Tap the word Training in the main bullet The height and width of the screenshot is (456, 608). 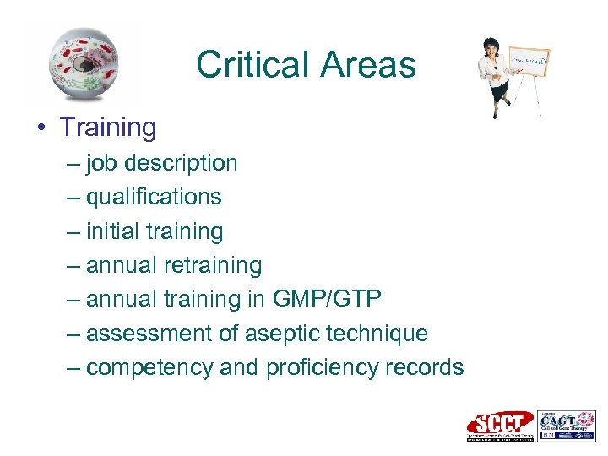pyautogui.click(x=107, y=128)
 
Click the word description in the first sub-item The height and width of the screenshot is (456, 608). pyautogui.click(x=182, y=163)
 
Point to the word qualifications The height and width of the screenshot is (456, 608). pyautogui.click(x=154, y=197)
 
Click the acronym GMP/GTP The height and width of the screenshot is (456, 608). pyautogui.click(x=328, y=299)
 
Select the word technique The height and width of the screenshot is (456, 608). pyautogui.click(x=378, y=334)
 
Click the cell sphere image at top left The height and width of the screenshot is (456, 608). pyautogui.click(x=83, y=64)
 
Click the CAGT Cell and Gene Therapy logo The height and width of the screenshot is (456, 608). pyautogui.click(x=566, y=425)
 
